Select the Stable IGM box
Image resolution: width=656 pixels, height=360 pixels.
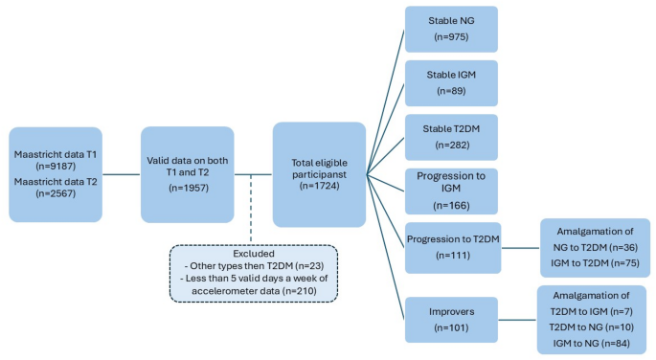point(451,82)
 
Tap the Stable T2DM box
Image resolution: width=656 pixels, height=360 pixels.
point(451,137)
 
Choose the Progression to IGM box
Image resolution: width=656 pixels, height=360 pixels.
point(451,191)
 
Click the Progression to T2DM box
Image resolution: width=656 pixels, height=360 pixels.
point(451,247)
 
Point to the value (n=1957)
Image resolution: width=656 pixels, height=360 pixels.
point(188,188)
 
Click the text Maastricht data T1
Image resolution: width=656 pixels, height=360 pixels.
point(54,154)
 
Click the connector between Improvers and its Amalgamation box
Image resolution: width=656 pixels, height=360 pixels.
point(518,318)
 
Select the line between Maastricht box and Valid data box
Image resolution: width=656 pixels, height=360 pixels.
point(122,174)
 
